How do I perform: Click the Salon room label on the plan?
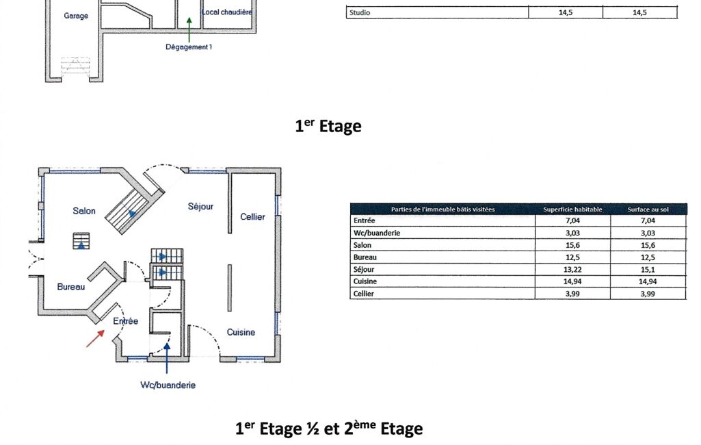(x=84, y=210)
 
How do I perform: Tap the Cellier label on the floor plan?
(x=252, y=216)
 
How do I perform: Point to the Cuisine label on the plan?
(x=241, y=332)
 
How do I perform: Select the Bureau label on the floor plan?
(x=71, y=287)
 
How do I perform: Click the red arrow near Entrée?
(x=95, y=338)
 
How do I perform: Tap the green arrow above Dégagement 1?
(x=189, y=29)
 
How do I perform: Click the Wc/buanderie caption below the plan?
(x=168, y=385)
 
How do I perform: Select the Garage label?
(x=76, y=16)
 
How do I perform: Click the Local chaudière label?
(x=227, y=12)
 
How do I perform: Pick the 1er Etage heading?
(x=328, y=126)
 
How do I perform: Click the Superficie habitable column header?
(x=572, y=209)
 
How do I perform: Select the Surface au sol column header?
(x=648, y=209)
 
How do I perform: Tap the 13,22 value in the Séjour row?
(x=572, y=270)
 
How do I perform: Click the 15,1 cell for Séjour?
(x=648, y=270)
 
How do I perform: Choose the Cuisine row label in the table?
(x=365, y=281)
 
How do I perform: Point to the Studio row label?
(x=360, y=12)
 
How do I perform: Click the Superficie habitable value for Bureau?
(x=572, y=257)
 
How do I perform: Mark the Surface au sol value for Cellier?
(x=648, y=294)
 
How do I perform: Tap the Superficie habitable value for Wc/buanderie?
(x=572, y=233)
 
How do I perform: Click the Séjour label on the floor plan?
(x=201, y=206)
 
